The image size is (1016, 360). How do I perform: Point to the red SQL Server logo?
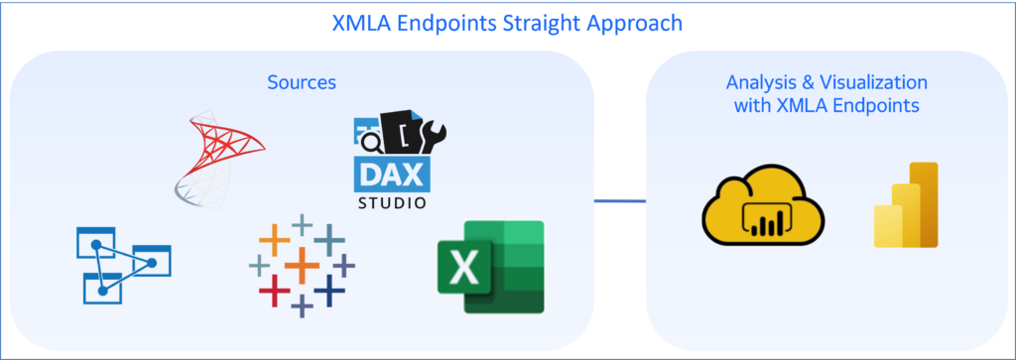(x=217, y=158)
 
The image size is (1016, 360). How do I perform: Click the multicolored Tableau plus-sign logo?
(x=301, y=265)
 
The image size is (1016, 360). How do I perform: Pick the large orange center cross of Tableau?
(x=301, y=266)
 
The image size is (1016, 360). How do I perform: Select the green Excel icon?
(x=490, y=267)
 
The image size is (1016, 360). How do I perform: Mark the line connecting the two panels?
(x=620, y=201)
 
